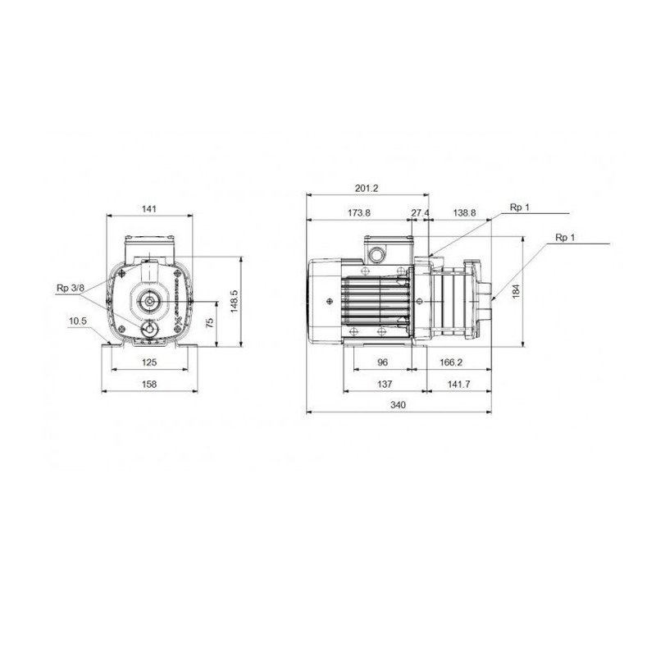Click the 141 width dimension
point(148,210)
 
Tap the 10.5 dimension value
point(78,321)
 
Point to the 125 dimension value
point(148,362)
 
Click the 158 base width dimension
point(148,383)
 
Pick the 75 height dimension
point(209,322)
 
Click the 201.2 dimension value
point(367,188)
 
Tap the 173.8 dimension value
point(358,212)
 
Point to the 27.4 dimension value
point(420,212)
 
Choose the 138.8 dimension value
point(464,212)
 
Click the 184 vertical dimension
point(516,291)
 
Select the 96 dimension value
point(382,362)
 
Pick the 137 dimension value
point(382,383)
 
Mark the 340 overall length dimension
point(398,404)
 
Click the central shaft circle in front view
point(150,302)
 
